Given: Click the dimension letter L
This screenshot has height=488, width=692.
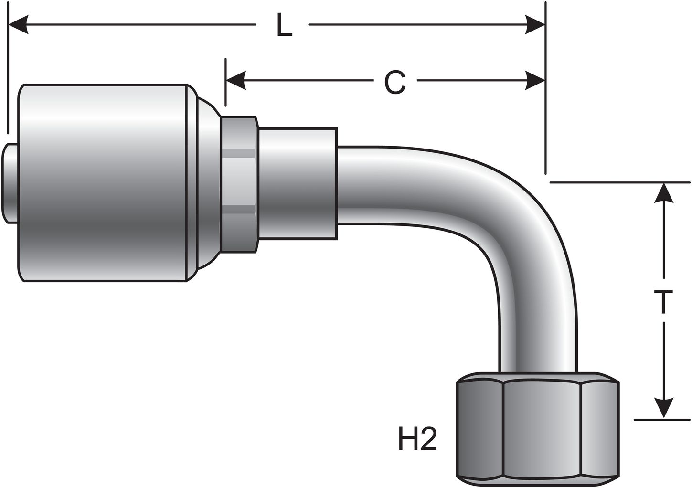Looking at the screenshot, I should click(x=284, y=26).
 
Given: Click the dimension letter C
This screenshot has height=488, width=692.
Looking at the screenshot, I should click(x=395, y=82).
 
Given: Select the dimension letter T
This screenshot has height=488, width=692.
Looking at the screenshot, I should click(x=663, y=302).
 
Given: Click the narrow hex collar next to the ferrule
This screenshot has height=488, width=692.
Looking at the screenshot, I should click(x=239, y=184).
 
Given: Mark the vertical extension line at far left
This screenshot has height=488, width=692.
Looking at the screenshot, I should click(x=8, y=72).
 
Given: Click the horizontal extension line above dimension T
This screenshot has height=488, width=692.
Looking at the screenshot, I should click(x=621, y=182).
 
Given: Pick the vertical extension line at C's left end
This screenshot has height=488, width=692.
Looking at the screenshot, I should click(x=226, y=81).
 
